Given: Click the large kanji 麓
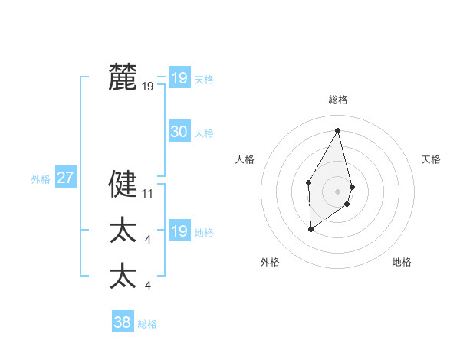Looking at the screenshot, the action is (x=123, y=78).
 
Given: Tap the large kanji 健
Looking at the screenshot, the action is (x=123, y=184).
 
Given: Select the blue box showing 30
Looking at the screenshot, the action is (x=179, y=132).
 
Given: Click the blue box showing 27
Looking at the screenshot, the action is (x=65, y=178).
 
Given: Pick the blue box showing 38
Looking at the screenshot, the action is (x=122, y=322).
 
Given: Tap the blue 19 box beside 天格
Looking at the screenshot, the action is (x=179, y=78).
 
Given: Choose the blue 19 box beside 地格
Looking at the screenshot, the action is (x=179, y=231).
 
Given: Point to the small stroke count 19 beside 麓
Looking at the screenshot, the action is (x=148, y=87).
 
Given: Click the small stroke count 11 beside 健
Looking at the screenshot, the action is (x=148, y=193).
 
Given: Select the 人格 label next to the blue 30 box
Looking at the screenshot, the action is (x=204, y=133).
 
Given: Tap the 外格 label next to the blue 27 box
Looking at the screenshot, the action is (x=41, y=179).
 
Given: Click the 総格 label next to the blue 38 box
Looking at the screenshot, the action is (x=147, y=324).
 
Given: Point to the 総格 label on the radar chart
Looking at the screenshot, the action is (x=338, y=100).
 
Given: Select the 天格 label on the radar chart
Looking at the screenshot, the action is (x=432, y=159).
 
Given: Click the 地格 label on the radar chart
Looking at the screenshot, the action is (x=402, y=262).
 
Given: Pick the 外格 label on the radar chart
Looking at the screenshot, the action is (x=270, y=262).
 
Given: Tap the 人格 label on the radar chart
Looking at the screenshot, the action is (x=245, y=159).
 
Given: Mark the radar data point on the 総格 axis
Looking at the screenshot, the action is (x=338, y=129).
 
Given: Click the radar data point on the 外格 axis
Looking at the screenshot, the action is (x=310, y=228).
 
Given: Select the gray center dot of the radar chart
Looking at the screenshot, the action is (x=338, y=191).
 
